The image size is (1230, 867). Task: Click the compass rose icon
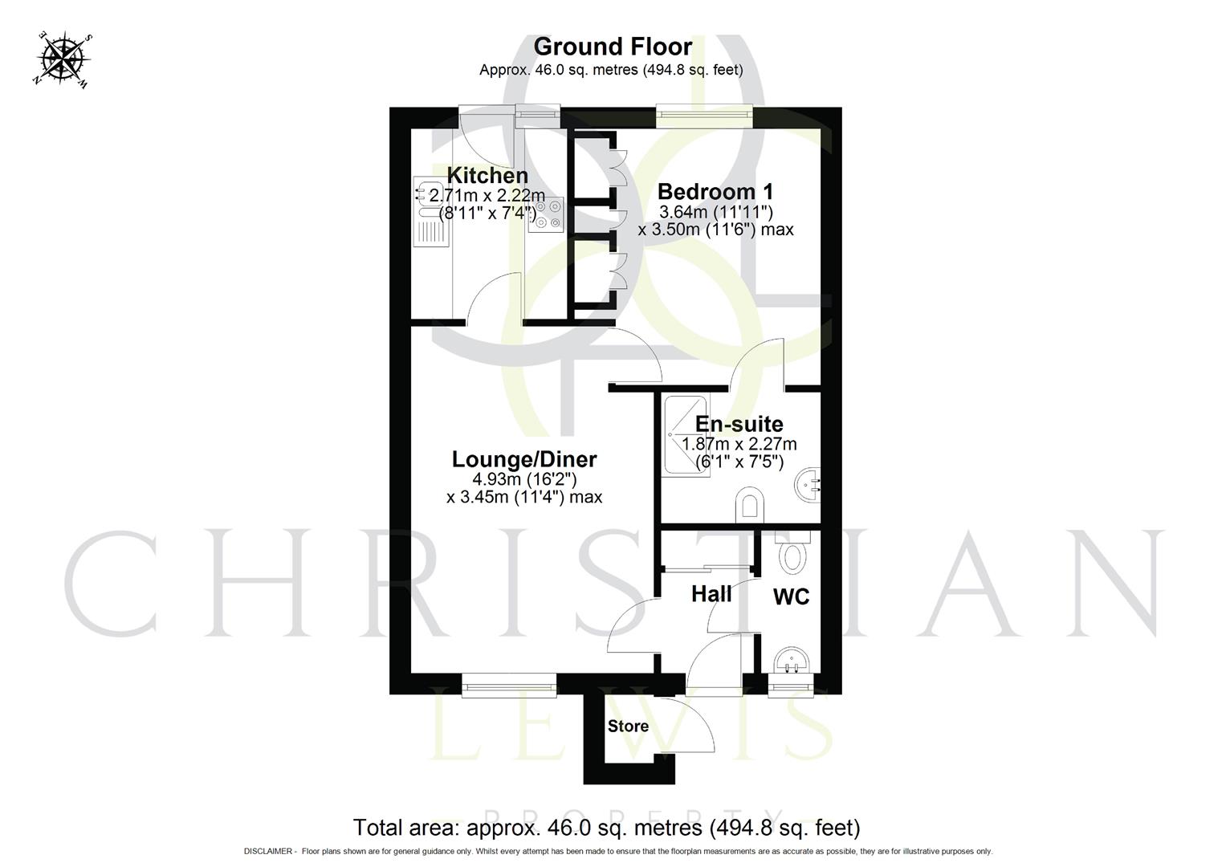[63, 58]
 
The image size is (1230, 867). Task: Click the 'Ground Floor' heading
[612, 47]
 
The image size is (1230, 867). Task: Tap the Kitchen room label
[487, 175]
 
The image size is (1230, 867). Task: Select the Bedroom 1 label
[715, 192]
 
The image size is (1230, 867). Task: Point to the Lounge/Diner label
[524, 459]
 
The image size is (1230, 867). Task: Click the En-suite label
[739, 424]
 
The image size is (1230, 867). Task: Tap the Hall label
[711, 594]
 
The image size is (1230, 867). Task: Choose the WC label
[791, 596]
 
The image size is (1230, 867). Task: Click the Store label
[628, 727]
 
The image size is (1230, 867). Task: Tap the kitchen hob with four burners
[546, 215]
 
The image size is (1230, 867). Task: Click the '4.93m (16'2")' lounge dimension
[524, 479]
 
